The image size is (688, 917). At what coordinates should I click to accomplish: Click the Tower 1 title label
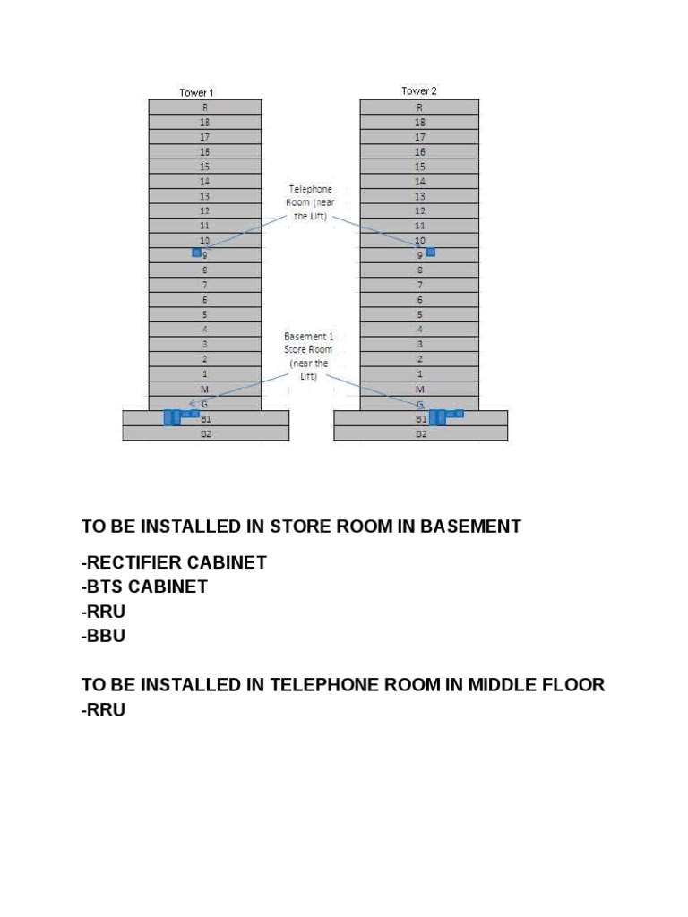pos(196,92)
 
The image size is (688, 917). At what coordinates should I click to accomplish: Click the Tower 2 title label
pos(419,90)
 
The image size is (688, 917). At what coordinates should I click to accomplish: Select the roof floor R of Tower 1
pos(204,107)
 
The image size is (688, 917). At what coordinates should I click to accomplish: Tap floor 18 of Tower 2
pos(419,122)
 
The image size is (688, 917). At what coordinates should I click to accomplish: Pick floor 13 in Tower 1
pos(204,196)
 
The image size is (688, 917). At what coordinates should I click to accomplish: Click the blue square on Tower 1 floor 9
pos(196,253)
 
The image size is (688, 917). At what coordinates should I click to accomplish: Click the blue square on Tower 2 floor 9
pos(431,253)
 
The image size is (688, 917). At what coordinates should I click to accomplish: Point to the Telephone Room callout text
pos(310,203)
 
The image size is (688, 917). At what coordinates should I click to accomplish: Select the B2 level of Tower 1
pos(205,433)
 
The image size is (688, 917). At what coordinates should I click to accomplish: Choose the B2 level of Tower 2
pos(420,433)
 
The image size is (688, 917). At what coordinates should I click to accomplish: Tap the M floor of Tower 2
pos(419,389)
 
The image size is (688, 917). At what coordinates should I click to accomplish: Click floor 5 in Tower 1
pos(204,314)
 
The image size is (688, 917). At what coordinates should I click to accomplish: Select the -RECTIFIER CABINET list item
pos(174,563)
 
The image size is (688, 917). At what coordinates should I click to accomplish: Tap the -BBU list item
pos(103,636)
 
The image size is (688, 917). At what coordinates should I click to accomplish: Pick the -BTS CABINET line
pos(144,587)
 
